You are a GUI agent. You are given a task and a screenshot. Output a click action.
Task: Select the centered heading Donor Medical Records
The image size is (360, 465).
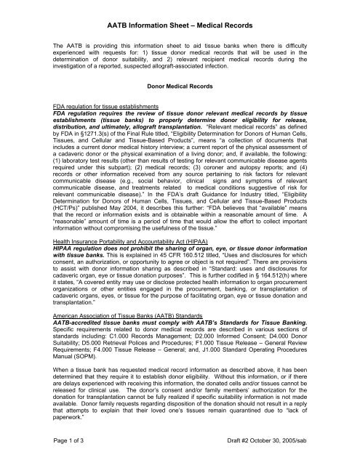tap(179, 86)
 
